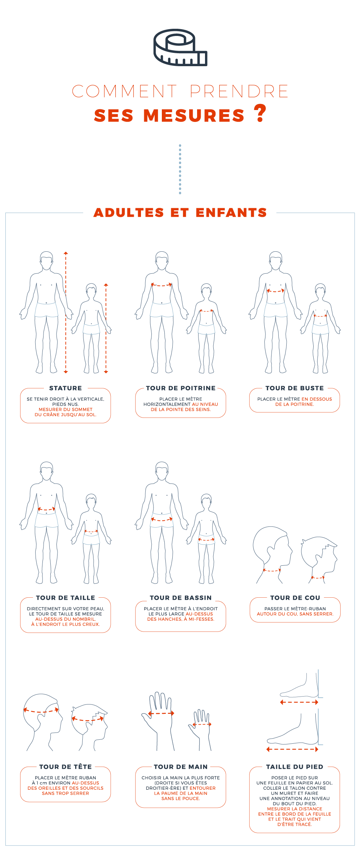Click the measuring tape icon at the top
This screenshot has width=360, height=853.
click(180, 47)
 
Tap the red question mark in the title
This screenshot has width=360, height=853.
click(260, 113)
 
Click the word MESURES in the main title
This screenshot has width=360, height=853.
click(194, 116)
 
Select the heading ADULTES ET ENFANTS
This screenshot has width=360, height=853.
click(180, 213)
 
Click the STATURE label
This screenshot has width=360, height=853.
click(65, 388)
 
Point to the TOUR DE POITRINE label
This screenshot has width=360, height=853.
click(181, 388)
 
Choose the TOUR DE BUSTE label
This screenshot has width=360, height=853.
click(295, 388)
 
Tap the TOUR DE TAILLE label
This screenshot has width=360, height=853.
click(65, 598)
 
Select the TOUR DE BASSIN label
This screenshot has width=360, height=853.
click(181, 598)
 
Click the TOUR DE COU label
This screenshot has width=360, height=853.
click(295, 598)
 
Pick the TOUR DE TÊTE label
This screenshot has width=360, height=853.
click(65, 767)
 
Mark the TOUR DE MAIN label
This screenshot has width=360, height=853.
click(181, 767)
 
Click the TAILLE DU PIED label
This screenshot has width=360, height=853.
click(295, 767)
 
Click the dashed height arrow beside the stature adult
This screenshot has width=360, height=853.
click(66, 313)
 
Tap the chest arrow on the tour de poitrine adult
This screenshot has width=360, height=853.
click(161, 285)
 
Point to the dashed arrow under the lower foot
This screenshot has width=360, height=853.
click(292, 749)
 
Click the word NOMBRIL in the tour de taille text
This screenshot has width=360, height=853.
click(85, 619)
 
